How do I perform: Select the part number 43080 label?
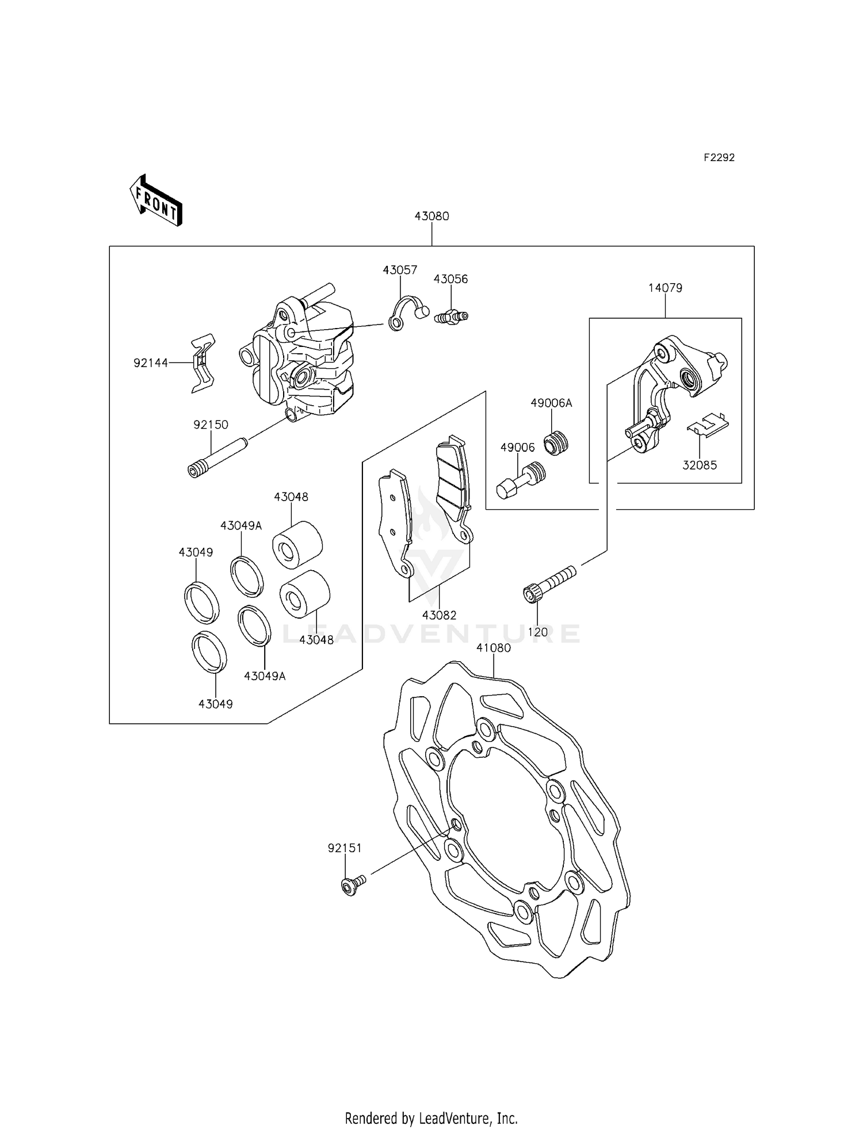click(431, 216)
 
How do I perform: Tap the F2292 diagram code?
click(719, 158)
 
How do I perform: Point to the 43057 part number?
click(400, 270)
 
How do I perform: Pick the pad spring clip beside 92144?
click(202, 364)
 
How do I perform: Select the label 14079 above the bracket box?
click(665, 288)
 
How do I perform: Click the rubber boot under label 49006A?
click(556, 443)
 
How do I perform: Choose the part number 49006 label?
click(517, 447)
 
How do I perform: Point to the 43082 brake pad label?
click(439, 615)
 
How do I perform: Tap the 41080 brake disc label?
click(493, 648)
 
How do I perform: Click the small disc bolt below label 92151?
click(352, 887)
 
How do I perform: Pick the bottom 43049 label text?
click(215, 704)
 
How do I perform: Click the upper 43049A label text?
click(240, 525)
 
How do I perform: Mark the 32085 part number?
click(700, 465)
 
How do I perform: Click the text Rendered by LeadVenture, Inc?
click(431, 1118)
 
